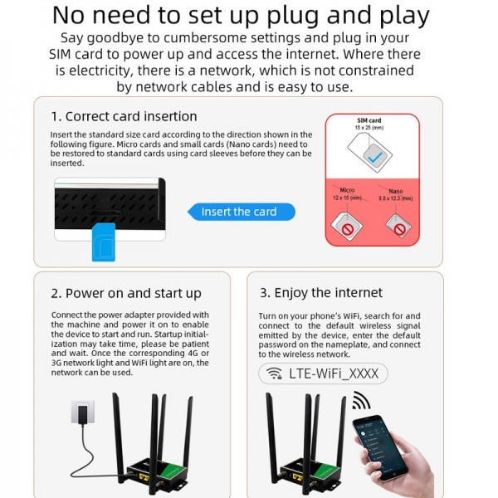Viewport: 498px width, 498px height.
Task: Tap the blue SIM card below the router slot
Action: (103, 241)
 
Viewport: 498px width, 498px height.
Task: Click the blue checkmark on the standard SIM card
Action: (375, 155)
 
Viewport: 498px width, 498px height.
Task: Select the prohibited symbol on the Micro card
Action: (344, 224)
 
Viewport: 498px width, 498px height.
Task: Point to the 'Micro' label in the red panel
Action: (347, 190)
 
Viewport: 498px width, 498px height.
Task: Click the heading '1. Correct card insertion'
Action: (124, 117)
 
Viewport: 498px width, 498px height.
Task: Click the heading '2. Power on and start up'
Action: (126, 293)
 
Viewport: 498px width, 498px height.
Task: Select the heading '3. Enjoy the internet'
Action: (320, 293)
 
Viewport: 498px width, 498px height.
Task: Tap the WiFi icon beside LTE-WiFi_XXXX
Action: (273, 373)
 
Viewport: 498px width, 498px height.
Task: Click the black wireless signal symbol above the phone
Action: (361, 402)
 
